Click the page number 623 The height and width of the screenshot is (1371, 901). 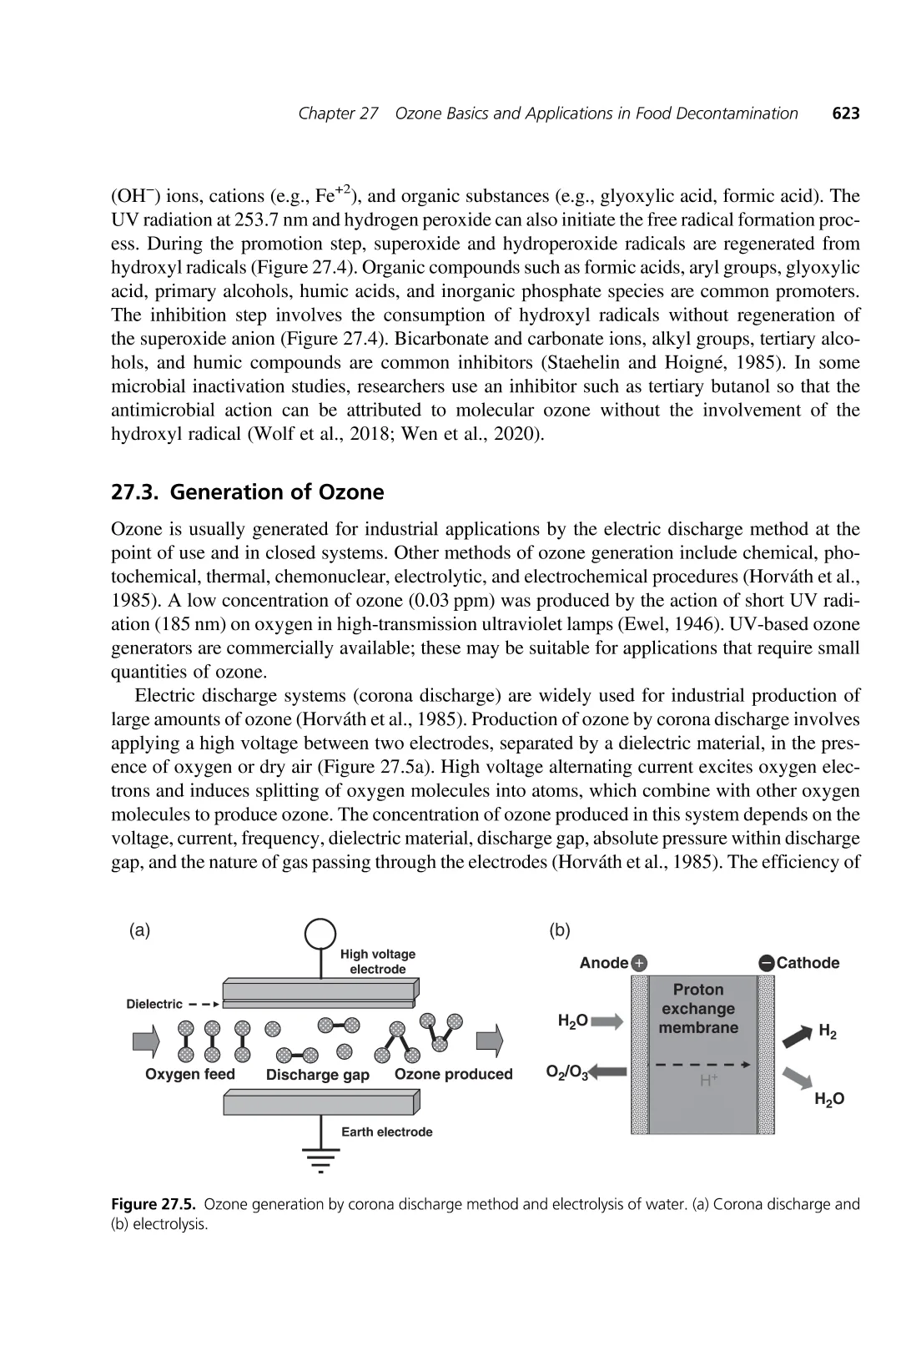pyautogui.click(x=845, y=113)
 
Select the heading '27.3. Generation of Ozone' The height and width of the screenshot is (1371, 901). pyautogui.click(x=248, y=492)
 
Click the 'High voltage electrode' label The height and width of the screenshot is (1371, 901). pyautogui.click(x=378, y=961)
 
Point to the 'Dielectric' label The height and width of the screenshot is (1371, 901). pyautogui.click(x=154, y=1004)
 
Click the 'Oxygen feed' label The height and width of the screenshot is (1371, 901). pyautogui.click(x=190, y=1074)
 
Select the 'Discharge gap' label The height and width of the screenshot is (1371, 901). pyautogui.click(x=317, y=1075)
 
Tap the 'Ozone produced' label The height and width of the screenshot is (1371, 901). pyautogui.click(x=453, y=1074)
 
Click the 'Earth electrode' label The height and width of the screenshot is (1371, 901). pyautogui.click(x=387, y=1132)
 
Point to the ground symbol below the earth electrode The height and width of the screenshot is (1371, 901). pyautogui.click(x=320, y=1158)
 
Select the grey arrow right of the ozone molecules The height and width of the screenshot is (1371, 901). pyautogui.click(x=491, y=1041)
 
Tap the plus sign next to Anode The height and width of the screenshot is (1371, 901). pyautogui.click(x=639, y=963)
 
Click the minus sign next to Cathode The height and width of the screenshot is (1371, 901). pyautogui.click(x=766, y=963)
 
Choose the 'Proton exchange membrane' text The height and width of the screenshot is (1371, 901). pyautogui.click(x=698, y=1008)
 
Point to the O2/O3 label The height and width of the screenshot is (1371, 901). pyautogui.click(x=567, y=1072)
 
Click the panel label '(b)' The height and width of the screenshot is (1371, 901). pyautogui.click(x=560, y=930)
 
